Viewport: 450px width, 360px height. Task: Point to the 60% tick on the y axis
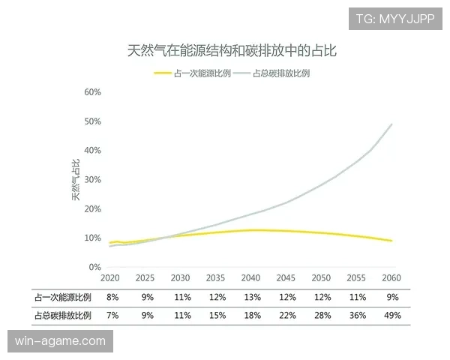tap(92, 92)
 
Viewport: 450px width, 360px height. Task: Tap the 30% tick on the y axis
tap(92, 180)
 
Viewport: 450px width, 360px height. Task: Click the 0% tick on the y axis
tap(94, 267)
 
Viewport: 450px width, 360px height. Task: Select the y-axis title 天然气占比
tap(76, 180)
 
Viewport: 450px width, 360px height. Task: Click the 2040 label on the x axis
tap(251, 278)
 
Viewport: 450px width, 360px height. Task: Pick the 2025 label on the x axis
tap(145, 278)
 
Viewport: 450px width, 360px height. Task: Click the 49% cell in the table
tap(392, 316)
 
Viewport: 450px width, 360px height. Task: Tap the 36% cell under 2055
tap(357, 316)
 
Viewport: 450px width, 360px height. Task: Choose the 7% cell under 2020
tap(112, 316)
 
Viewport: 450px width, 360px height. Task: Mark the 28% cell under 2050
tap(322, 316)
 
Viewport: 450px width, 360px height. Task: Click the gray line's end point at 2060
tap(391, 124)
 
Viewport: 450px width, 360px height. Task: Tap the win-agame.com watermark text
tap(61, 341)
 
